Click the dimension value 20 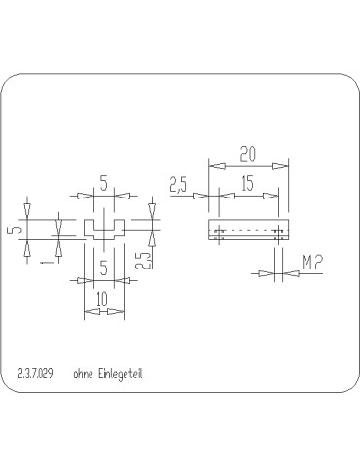click(x=247, y=153)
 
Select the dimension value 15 click(x=247, y=182)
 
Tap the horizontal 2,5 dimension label click(x=179, y=185)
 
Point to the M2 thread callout click(x=312, y=262)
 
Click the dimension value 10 click(x=102, y=301)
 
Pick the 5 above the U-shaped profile click(x=102, y=182)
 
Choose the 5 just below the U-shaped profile click(x=102, y=265)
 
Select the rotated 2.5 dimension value click(x=143, y=260)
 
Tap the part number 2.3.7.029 click(x=36, y=373)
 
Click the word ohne click(x=83, y=373)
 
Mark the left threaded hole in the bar click(x=218, y=232)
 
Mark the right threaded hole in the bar click(x=280, y=232)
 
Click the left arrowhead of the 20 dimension click(x=213, y=165)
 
